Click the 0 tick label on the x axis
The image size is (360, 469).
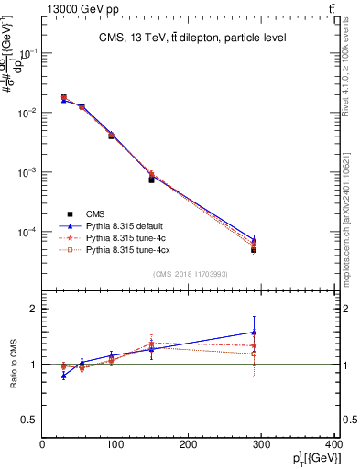[x=43, y=445]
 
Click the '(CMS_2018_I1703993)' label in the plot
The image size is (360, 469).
[x=190, y=273]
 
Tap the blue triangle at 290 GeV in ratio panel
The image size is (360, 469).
[x=254, y=333]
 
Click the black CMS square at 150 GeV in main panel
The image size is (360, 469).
[x=151, y=180]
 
